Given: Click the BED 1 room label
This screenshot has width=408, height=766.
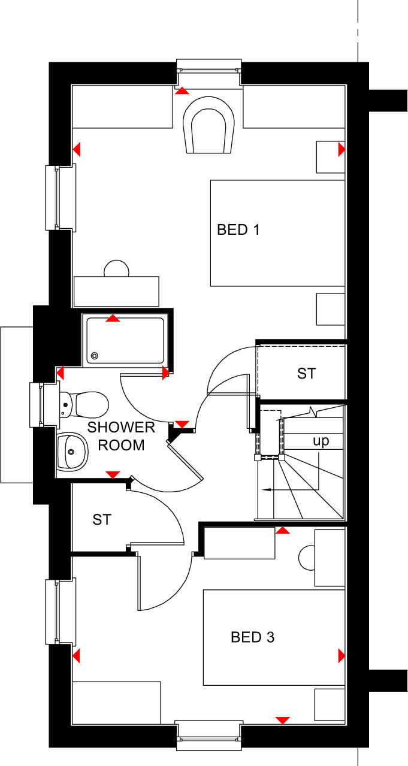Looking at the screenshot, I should (x=238, y=229).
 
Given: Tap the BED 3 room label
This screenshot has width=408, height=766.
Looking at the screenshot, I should (x=252, y=637).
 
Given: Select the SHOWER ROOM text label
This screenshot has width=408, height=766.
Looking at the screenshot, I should (x=121, y=436).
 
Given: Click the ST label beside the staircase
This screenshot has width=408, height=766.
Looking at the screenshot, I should (x=306, y=374).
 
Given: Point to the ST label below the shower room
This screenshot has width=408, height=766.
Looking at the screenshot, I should (x=102, y=520).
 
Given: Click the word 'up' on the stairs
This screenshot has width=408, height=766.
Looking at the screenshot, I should (x=321, y=441).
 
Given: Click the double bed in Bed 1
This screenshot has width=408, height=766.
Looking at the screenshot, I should (x=277, y=233).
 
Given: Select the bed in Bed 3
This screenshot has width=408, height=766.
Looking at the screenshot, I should (x=274, y=637).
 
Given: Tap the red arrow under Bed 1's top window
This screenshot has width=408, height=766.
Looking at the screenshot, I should (x=181, y=90).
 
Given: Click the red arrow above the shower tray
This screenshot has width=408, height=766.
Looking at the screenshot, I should (x=112, y=319).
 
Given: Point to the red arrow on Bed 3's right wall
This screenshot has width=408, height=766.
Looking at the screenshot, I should (x=341, y=656).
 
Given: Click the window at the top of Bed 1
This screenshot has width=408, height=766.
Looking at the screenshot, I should (x=209, y=65).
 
